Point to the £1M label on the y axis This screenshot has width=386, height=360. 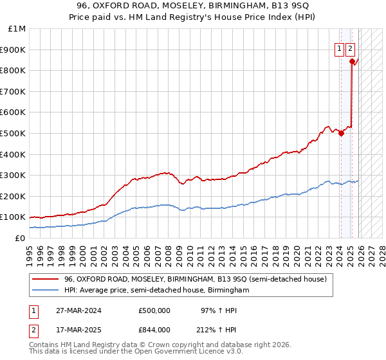click(17, 28)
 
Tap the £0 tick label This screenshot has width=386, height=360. click(21, 238)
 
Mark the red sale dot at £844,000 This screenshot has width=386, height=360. click(352, 61)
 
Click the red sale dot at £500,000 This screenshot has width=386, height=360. click(341, 133)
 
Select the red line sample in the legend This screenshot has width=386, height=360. click(45, 279)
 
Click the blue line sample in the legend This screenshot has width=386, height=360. click(45, 290)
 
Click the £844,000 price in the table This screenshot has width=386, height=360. click(154, 330)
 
